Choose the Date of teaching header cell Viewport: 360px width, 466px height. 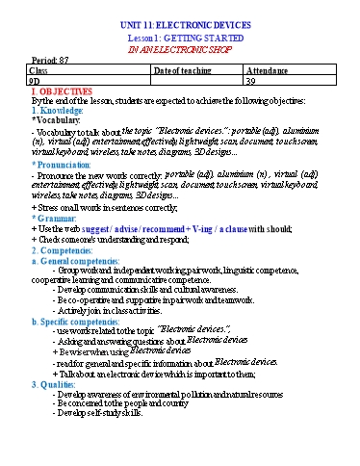[184, 70]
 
